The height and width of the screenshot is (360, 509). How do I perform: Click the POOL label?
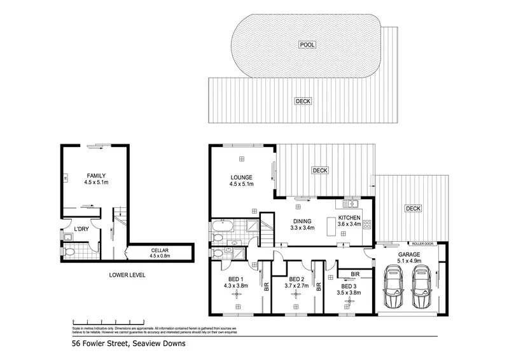point(308,45)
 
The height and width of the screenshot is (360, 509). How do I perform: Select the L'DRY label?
point(81,228)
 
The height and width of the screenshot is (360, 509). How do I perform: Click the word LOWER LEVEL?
point(128,275)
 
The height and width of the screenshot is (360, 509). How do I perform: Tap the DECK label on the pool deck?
point(302,101)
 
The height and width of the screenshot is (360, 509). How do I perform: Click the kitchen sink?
point(349,205)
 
